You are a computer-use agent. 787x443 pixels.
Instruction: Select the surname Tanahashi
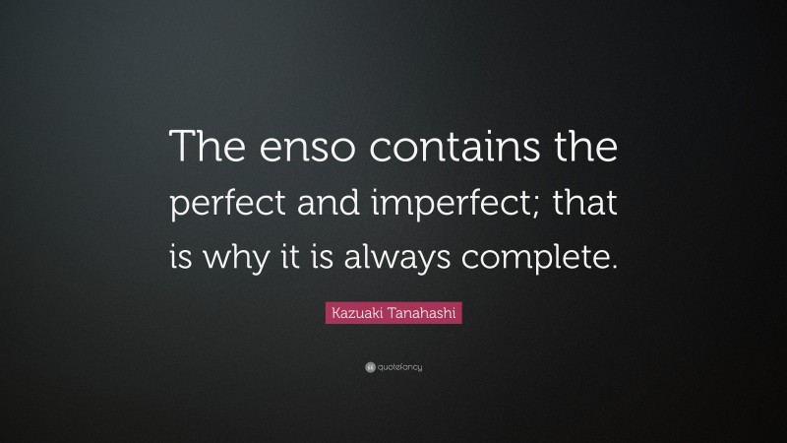coord(420,314)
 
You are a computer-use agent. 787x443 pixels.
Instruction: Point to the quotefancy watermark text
coord(399,367)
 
